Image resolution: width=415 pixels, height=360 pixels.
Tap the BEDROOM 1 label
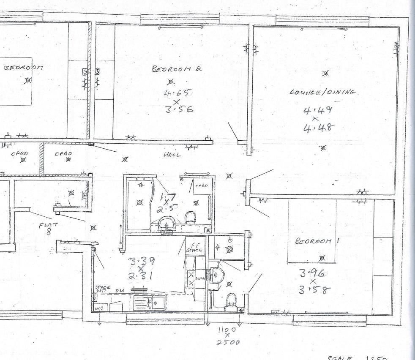pos(314,241)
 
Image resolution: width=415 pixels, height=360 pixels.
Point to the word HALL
pos(172,155)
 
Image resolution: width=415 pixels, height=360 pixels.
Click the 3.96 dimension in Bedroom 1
pos(312,273)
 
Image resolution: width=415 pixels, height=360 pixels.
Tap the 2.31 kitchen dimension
pos(140,277)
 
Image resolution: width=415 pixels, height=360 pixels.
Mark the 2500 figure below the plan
pos(225,342)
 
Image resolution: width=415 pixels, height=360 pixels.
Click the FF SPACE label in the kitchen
pos(195,247)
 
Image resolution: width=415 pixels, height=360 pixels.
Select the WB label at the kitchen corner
pos(98,308)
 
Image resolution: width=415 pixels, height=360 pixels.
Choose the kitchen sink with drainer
pos(149,302)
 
